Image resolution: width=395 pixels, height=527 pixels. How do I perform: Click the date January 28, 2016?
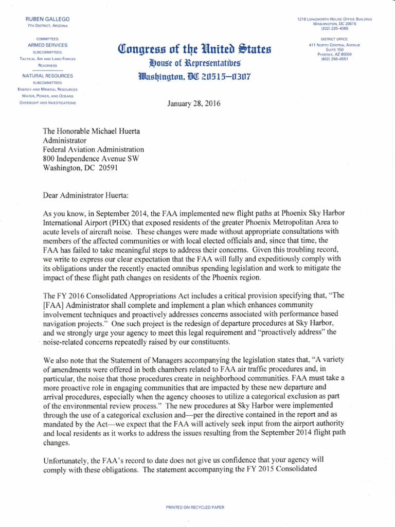194,103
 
